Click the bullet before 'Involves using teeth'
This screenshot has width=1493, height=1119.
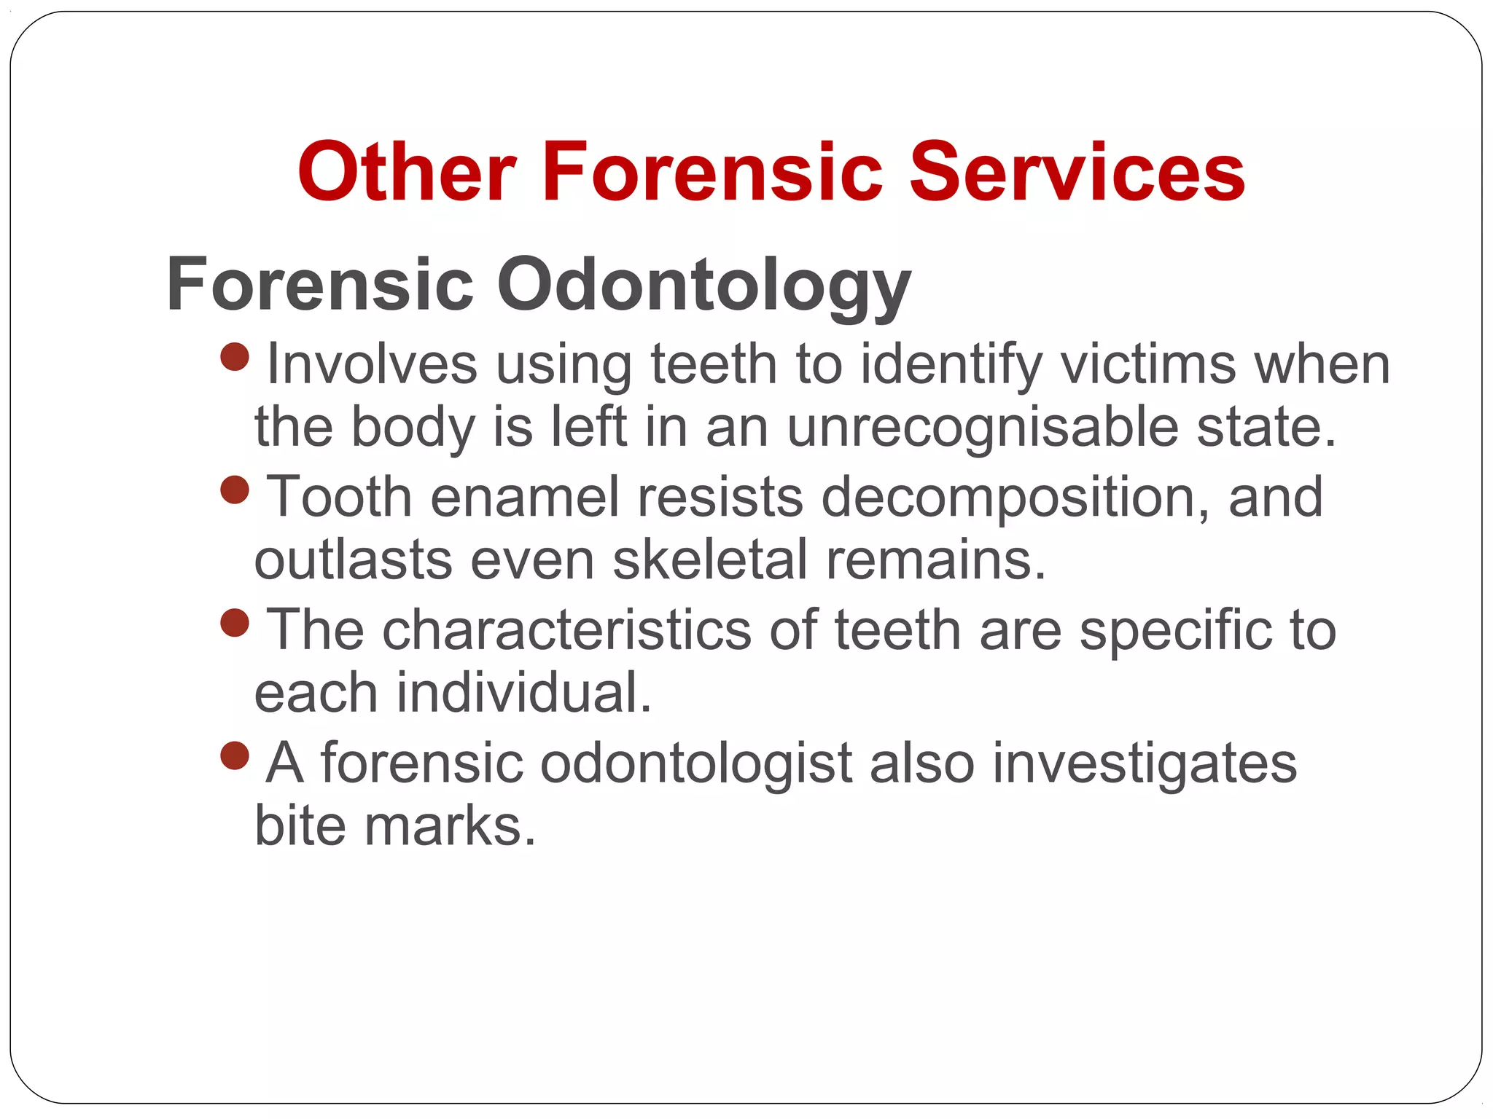click(x=235, y=357)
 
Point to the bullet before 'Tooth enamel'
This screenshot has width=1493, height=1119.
click(x=235, y=490)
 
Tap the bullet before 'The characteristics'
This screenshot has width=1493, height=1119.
click(x=235, y=623)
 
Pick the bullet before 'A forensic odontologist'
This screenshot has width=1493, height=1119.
click(x=235, y=755)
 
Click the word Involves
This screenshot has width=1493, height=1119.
click(x=372, y=364)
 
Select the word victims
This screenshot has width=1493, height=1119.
click(x=1148, y=364)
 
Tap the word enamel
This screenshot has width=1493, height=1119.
click(x=525, y=497)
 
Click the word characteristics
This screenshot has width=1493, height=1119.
click(x=566, y=629)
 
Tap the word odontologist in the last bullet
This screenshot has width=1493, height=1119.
click(x=696, y=763)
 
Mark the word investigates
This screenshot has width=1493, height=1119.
click(x=1145, y=763)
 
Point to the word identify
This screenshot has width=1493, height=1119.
click(x=951, y=364)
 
